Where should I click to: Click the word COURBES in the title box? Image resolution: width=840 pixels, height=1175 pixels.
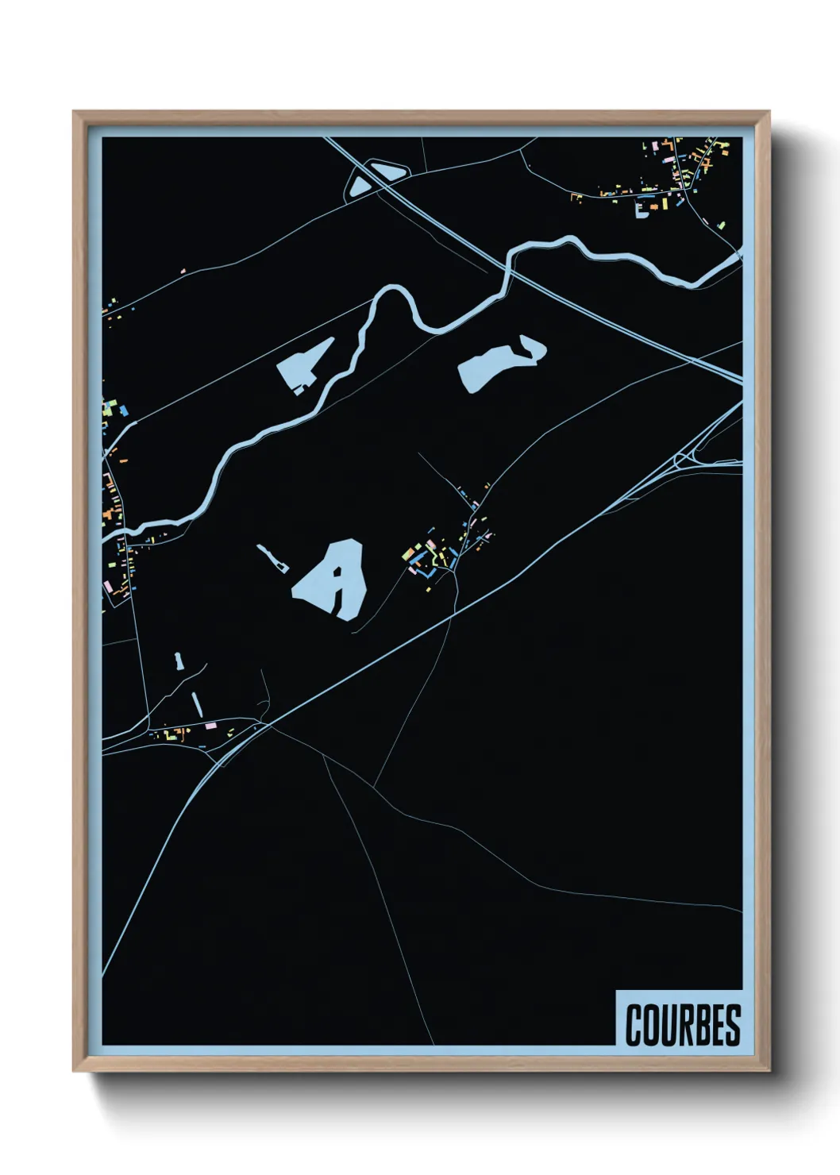point(682,1024)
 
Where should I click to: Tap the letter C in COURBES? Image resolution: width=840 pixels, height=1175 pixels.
point(634,1024)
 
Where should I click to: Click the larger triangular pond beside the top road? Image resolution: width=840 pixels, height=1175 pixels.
point(387,169)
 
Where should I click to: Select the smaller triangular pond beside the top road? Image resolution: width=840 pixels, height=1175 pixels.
point(358,187)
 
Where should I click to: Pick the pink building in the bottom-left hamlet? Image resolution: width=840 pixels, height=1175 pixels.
point(210,726)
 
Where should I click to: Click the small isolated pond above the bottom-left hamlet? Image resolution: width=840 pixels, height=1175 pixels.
point(178,660)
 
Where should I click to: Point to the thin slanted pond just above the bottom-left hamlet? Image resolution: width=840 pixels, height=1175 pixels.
point(195,701)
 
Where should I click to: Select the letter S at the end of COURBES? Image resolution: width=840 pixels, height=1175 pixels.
point(731,1024)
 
